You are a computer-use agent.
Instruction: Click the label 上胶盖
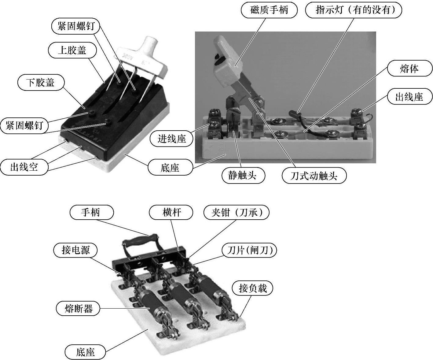coord(72,50)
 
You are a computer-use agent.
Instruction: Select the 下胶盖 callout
coord(41,83)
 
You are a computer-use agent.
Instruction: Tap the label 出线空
coord(24,167)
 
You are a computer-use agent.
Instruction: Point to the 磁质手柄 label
coord(269,10)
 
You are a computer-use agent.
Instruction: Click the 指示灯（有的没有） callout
coord(354,10)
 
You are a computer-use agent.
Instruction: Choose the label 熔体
coord(409,69)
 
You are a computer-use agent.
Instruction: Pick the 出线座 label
coord(409,97)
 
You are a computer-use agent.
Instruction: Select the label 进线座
coord(172,139)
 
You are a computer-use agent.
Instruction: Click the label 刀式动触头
coord(314,176)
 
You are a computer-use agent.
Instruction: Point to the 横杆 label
coord(171,212)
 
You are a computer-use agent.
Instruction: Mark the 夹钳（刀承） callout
coord(237,212)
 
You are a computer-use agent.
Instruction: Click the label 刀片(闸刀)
coord(249,251)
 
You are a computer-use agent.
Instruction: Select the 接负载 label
coord(252,288)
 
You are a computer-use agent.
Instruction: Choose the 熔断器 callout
coord(79,308)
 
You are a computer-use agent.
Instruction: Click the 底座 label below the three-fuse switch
coord(85,352)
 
